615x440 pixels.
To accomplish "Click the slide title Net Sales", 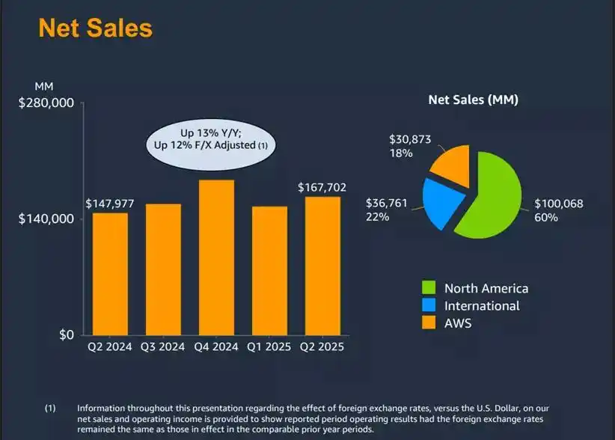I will tap(95, 28).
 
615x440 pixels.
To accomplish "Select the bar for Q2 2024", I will tap(110, 274).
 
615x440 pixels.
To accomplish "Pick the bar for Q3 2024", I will tap(163, 269).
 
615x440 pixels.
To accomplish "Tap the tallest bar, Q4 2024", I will tap(216, 257).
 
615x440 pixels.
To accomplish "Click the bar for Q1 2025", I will tap(269, 270).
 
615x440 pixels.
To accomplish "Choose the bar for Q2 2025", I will tap(322, 266).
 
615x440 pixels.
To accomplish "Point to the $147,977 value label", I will tap(111, 204).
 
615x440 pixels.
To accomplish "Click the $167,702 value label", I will tap(322, 187).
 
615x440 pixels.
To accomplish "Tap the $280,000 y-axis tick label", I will tap(46, 103).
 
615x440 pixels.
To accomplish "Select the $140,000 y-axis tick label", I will tap(46, 219).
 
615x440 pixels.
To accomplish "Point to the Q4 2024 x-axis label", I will tap(216, 347).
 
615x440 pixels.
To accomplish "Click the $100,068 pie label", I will tap(558, 204).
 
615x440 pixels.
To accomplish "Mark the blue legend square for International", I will tap(429, 306).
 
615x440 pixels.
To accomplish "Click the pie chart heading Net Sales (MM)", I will tap(473, 100).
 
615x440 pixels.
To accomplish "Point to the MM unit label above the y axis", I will tap(44, 87).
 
